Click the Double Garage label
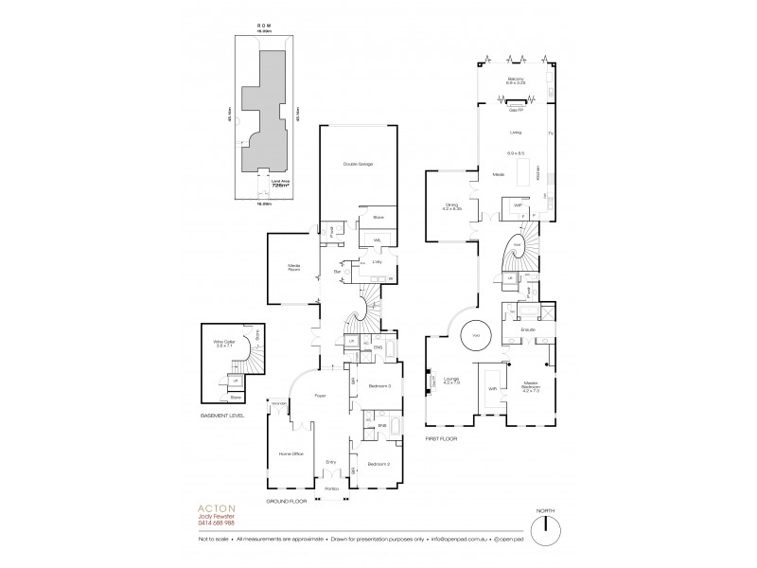[x=358, y=165]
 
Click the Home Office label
[x=290, y=454]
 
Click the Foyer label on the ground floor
[x=320, y=395]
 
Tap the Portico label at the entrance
[x=331, y=488]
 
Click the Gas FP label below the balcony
[x=517, y=97]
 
